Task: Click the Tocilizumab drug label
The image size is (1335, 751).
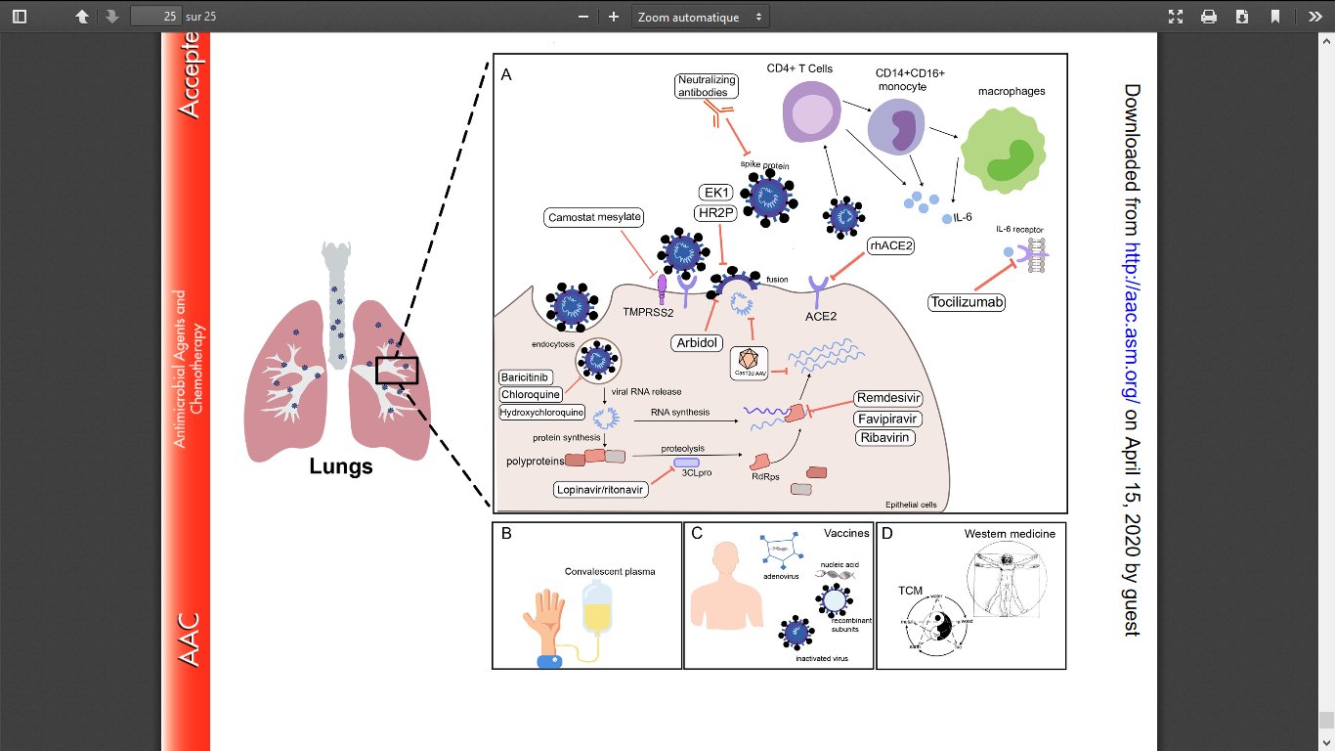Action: pyautogui.click(x=967, y=303)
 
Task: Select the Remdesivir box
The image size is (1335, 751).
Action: pyautogui.click(x=888, y=398)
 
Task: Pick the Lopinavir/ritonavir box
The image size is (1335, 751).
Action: pyautogui.click(x=602, y=489)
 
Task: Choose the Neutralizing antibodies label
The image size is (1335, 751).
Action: pyautogui.click(x=706, y=85)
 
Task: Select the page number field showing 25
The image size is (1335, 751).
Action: pyautogui.click(x=157, y=17)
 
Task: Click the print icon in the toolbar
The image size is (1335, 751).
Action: pyautogui.click(x=1209, y=17)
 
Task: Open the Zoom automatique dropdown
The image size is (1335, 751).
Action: pyautogui.click(x=701, y=17)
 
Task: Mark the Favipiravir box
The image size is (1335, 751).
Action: pyautogui.click(x=888, y=419)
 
